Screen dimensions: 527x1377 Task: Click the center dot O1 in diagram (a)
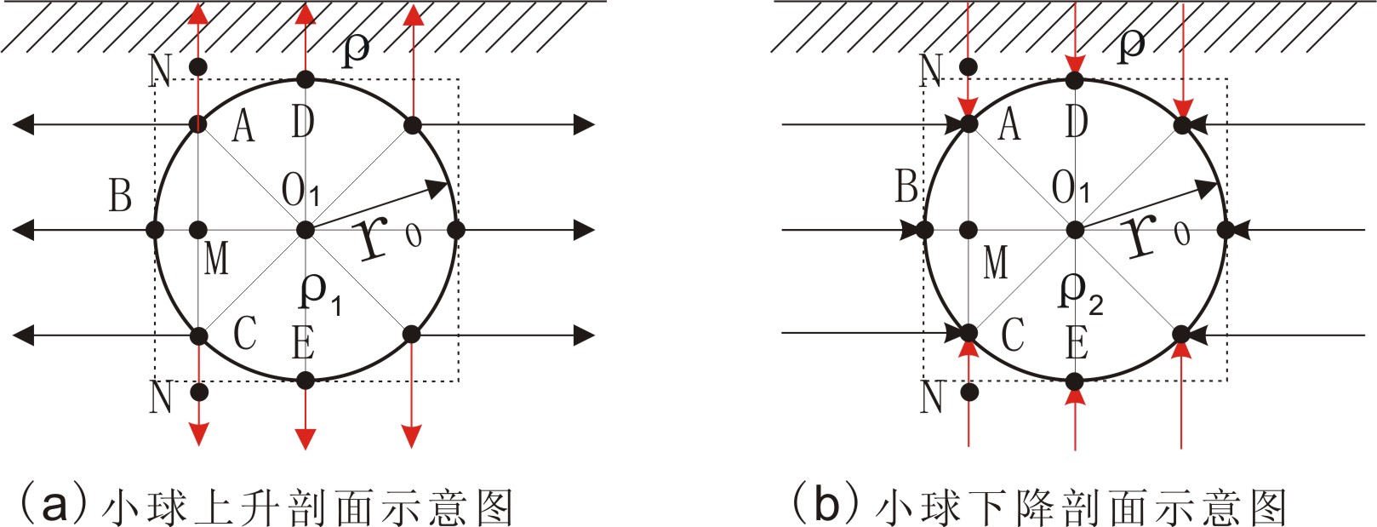point(306,230)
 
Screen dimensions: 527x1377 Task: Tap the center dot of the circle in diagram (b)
point(1075,230)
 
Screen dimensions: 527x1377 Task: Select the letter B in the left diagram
point(121,195)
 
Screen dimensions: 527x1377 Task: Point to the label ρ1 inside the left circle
point(320,292)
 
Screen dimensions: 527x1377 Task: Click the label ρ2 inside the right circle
point(1079,292)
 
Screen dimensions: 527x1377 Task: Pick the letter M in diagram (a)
point(216,258)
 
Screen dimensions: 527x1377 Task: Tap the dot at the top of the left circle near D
point(306,81)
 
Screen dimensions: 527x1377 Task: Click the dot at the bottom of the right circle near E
point(1075,380)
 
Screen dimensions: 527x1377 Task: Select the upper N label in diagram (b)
point(932,70)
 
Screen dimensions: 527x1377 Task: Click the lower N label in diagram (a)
point(161,397)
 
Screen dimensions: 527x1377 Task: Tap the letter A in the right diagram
point(1009,124)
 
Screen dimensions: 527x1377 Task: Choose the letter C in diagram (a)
point(245,333)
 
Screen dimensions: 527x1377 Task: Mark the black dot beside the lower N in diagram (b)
point(968,392)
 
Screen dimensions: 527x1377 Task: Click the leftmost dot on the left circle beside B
point(155,230)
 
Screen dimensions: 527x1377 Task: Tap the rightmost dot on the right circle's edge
point(1226,230)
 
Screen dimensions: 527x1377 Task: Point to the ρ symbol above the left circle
point(355,50)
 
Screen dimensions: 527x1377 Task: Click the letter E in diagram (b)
point(1077,343)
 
